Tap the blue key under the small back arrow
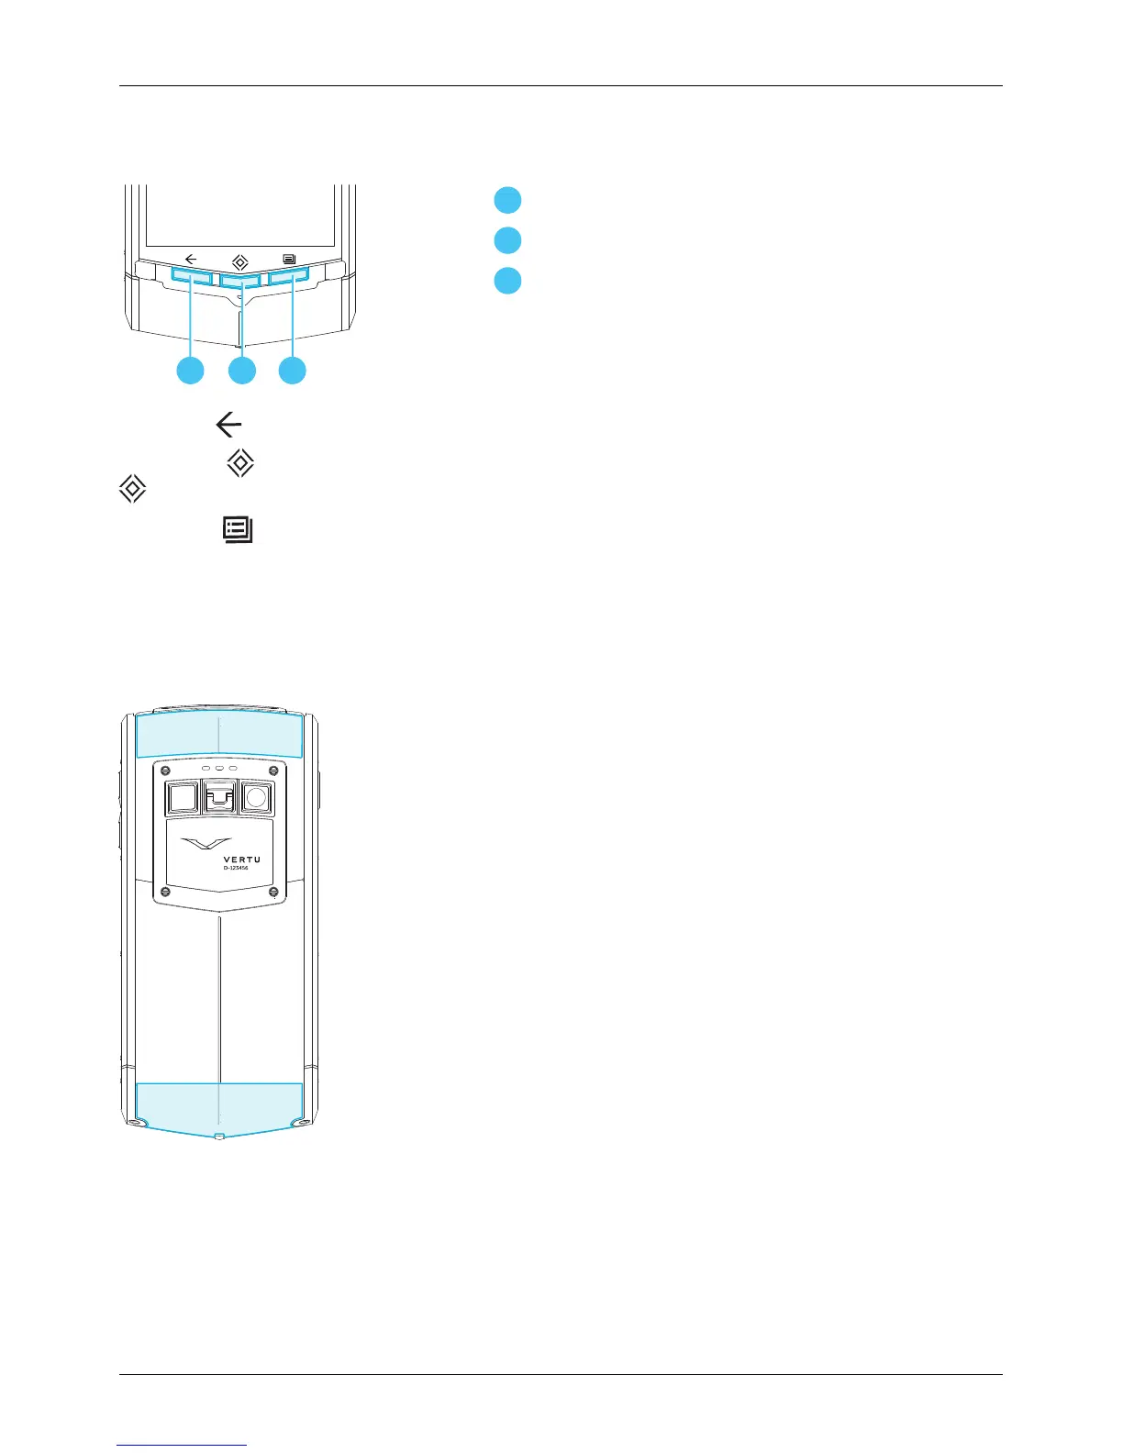[x=191, y=275]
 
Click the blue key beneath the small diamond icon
[x=240, y=280]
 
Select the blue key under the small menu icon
[x=290, y=275]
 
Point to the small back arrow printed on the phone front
[x=191, y=259]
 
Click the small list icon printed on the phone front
[x=290, y=259]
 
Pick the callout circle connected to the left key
[x=191, y=371]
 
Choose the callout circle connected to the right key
[x=293, y=371]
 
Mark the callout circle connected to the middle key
[x=242, y=371]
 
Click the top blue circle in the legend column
[x=507, y=200]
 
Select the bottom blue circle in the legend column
[x=507, y=280]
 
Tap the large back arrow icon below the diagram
[x=228, y=425]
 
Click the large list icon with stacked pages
[x=238, y=530]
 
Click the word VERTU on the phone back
[x=241, y=860]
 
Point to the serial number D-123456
[x=236, y=868]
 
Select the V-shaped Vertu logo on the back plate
[x=206, y=842]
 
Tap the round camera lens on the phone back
[x=256, y=798]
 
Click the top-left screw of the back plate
[x=165, y=771]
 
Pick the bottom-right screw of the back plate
[x=273, y=892]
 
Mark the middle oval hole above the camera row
[x=219, y=768]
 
